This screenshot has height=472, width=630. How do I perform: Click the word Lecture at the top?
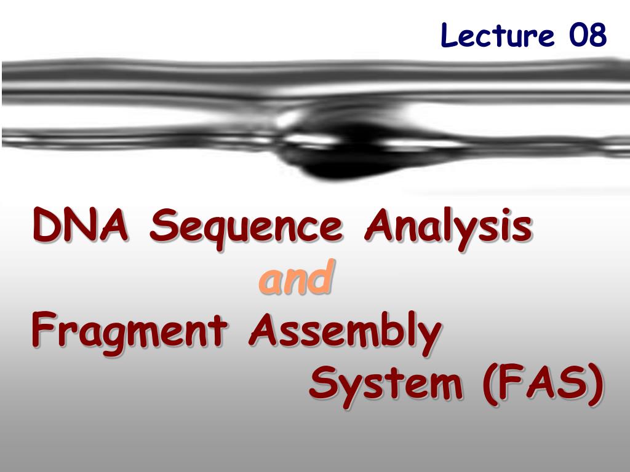click(x=497, y=35)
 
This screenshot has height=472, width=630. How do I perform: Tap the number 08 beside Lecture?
click(x=588, y=35)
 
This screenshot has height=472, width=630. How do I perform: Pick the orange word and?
click(x=297, y=277)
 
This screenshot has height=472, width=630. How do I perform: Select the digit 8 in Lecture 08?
click(x=597, y=35)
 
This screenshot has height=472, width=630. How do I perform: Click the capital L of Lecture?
click(x=449, y=35)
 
